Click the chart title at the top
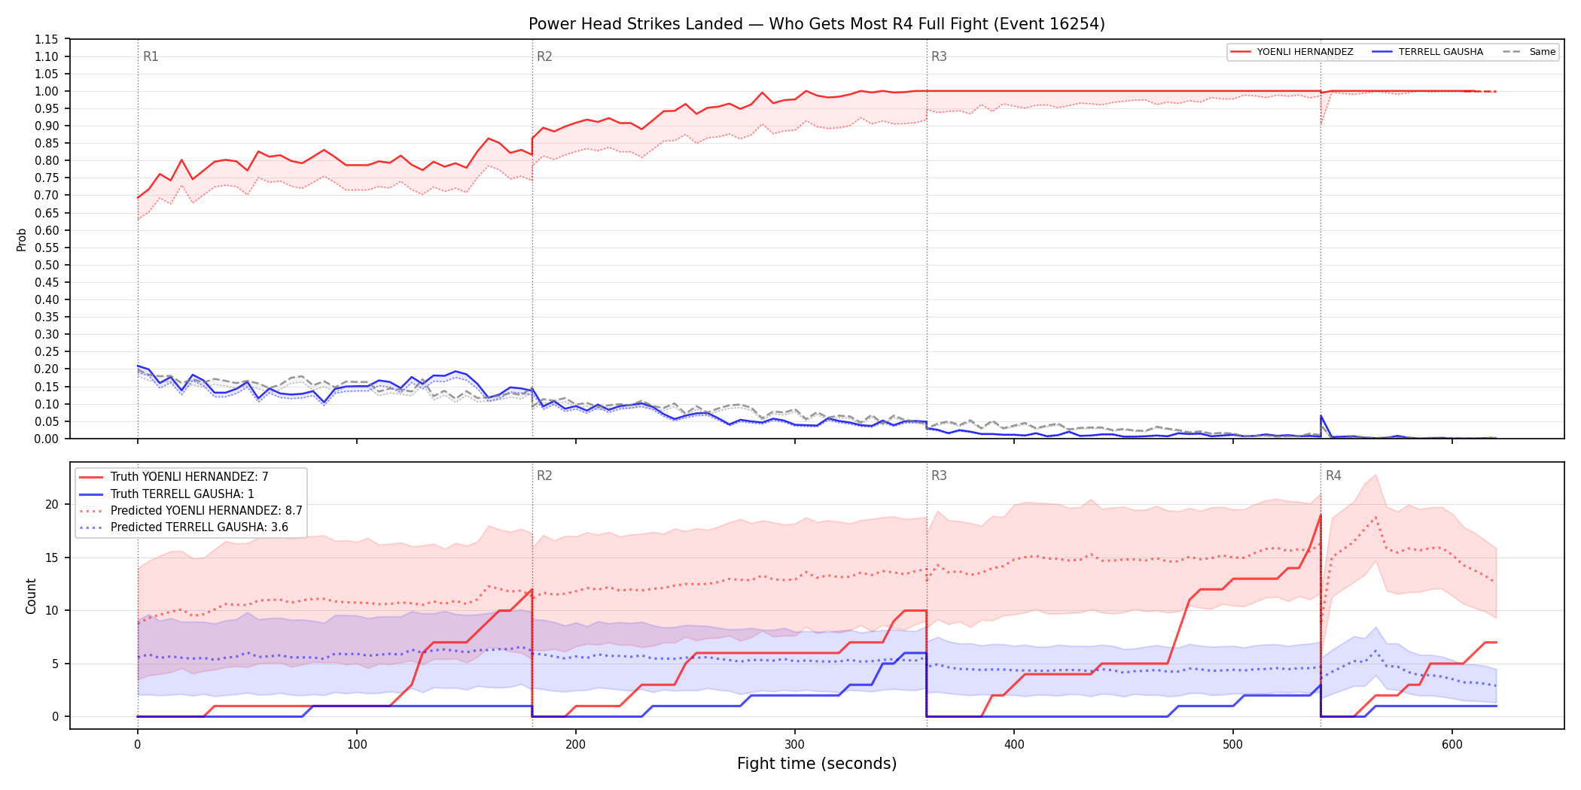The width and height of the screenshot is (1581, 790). (817, 24)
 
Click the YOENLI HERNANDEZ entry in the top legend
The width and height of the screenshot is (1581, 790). (1305, 52)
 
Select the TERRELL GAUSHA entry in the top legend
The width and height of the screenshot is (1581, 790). (1440, 52)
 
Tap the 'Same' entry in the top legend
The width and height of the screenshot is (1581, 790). (1542, 52)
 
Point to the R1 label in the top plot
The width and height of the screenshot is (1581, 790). (151, 56)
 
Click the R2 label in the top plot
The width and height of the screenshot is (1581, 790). (544, 56)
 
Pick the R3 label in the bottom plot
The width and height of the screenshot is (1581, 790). (939, 476)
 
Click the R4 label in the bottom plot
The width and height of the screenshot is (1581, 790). (1333, 476)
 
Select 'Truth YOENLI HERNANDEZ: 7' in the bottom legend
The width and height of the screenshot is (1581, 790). (189, 477)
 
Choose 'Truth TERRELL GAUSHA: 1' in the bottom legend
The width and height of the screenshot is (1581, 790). (182, 494)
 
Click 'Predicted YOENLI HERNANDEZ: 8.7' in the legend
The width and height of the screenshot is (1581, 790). (206, 510)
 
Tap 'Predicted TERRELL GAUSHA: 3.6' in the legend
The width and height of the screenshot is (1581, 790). (200, 527)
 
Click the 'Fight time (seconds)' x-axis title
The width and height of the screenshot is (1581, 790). (817, 764)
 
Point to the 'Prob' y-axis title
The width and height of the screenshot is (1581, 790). (22, 239)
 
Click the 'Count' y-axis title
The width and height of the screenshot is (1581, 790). (31, 596)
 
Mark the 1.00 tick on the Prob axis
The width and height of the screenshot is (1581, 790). (47, 91)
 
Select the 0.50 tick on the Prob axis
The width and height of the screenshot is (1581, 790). (47, 265)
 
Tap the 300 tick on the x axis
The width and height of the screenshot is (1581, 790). (794, 745)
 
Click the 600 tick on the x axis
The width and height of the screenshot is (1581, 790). (1452, 745)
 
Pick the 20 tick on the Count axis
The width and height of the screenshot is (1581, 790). (52, 505)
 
